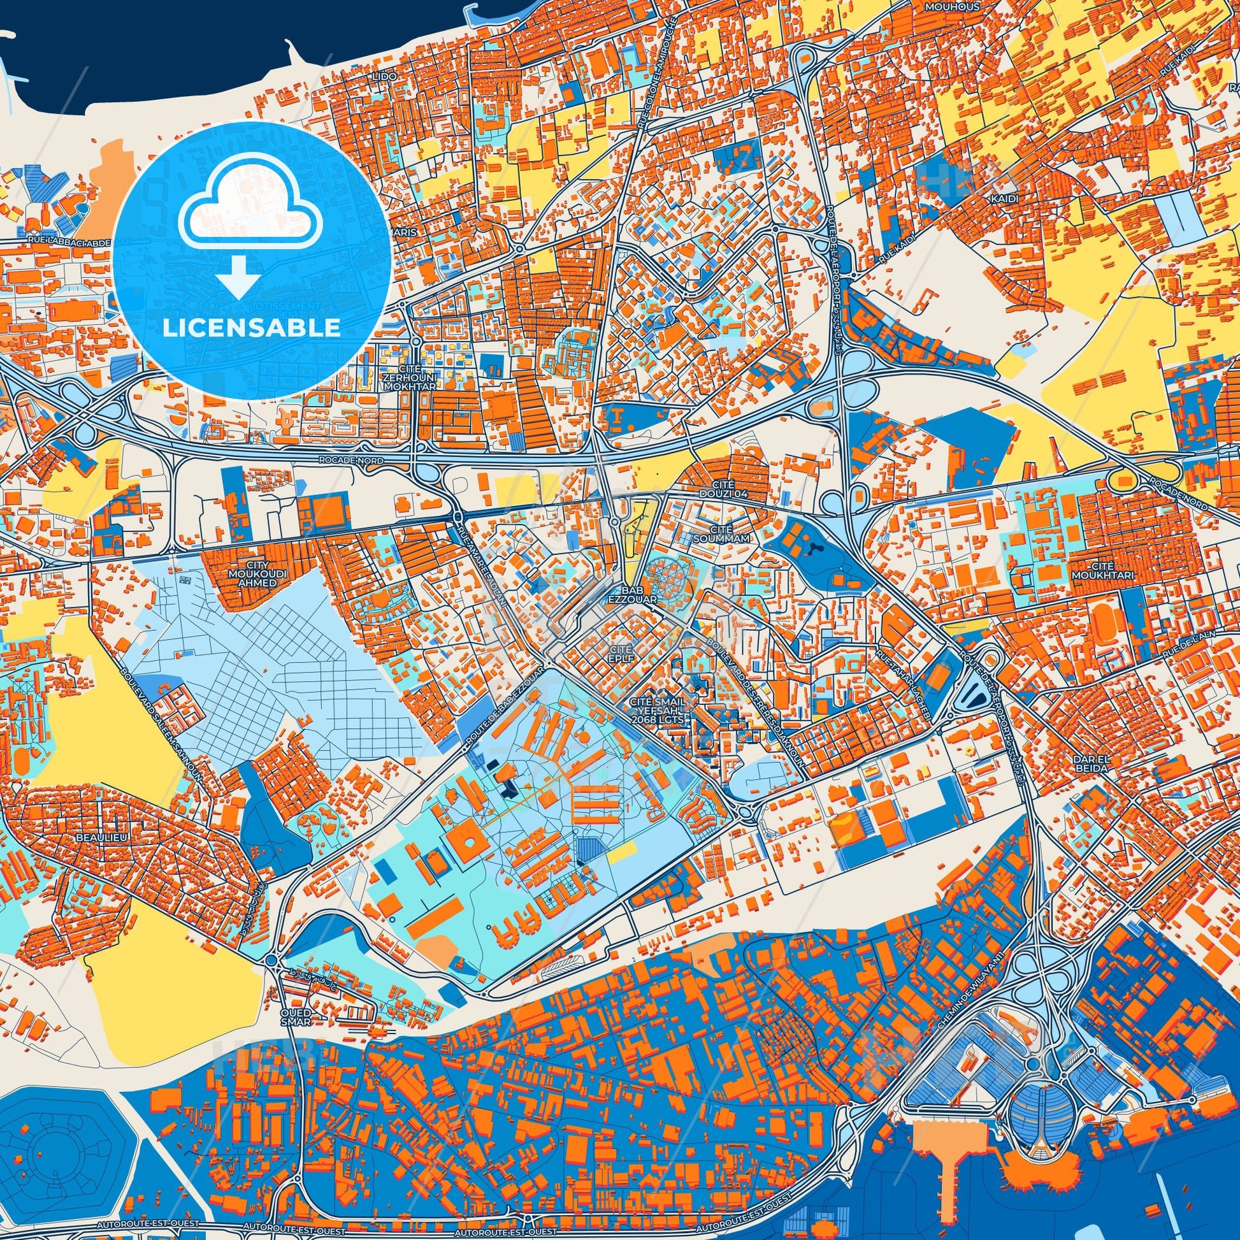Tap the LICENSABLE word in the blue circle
[x=251, y=328]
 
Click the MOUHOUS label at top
[x=944, y=6]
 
